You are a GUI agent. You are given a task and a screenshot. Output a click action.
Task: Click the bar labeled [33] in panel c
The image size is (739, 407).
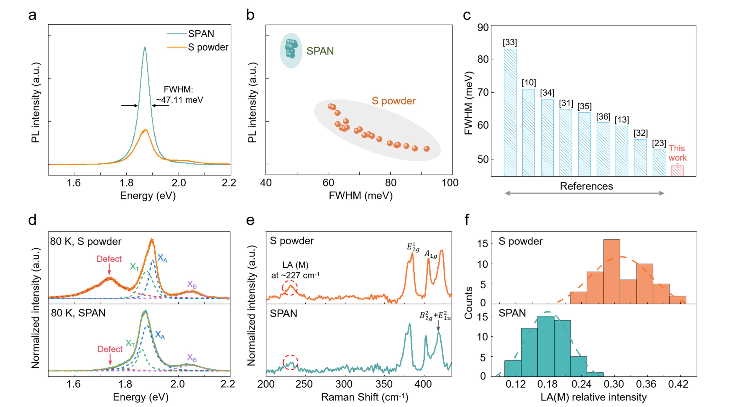[510, 112]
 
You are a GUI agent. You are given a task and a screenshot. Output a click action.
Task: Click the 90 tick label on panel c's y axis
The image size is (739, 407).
[483, 28]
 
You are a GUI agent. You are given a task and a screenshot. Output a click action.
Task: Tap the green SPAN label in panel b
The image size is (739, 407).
[320, 51]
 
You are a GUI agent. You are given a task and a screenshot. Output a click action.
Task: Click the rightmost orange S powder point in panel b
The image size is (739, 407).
[427, 149]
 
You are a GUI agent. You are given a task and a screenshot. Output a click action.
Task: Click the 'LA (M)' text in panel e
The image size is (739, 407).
[295, 265]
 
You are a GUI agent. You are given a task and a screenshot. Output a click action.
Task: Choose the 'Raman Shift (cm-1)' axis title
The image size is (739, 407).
[364, 397]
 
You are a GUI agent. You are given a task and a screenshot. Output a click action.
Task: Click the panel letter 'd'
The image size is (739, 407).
[32, 220]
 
